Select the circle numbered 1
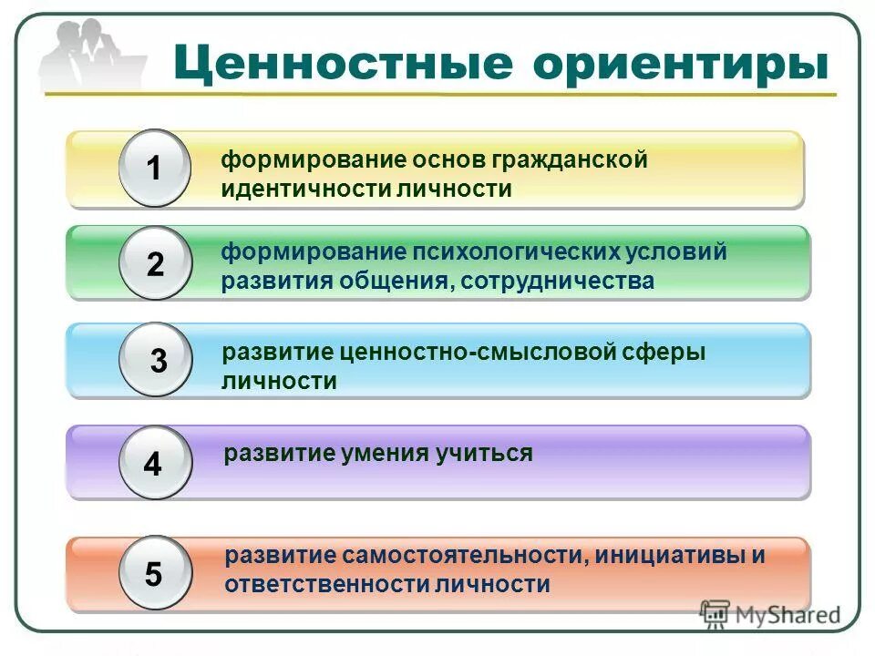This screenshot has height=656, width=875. point(155,169)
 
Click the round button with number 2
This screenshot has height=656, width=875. point(155,264)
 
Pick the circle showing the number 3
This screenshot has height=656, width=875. point(156,361)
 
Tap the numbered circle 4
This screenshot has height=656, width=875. point(154,464)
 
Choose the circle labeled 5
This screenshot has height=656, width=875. point(154,574)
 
